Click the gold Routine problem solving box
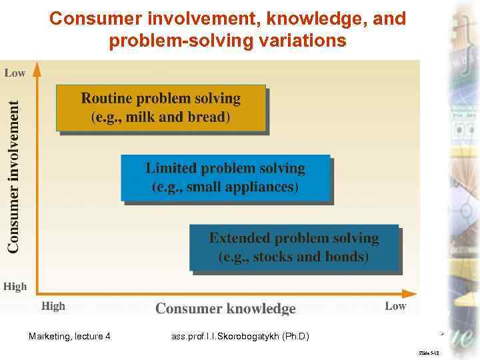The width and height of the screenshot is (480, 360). [160, 108]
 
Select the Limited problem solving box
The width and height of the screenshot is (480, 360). [225, 177]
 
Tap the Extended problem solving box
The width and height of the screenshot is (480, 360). [294, 247]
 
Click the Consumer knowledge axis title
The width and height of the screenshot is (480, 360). [225, 308]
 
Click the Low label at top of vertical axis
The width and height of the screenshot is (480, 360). [15, 73]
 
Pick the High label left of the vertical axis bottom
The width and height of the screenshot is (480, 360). [15, 286]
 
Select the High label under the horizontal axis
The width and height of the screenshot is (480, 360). [53, 306]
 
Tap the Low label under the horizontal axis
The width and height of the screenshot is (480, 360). [395, 306]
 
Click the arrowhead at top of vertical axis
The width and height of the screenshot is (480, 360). [37, 68]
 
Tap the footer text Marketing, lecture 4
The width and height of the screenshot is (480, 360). [70, 336]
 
